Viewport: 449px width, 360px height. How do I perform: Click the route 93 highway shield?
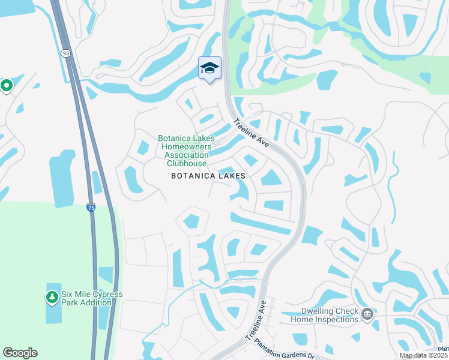point(64,53)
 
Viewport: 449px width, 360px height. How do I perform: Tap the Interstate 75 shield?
point(90,207)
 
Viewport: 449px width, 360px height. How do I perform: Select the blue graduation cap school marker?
point(209,68)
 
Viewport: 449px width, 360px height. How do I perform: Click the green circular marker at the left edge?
point(7,86)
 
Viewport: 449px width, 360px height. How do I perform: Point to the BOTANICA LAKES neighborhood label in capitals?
point(208,176)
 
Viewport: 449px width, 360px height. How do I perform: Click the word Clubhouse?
point(186,163)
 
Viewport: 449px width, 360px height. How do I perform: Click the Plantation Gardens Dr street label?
point(285,347)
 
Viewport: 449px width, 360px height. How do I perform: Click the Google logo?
point(20,353)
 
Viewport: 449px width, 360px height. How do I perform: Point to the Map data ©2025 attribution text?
point(423,355)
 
